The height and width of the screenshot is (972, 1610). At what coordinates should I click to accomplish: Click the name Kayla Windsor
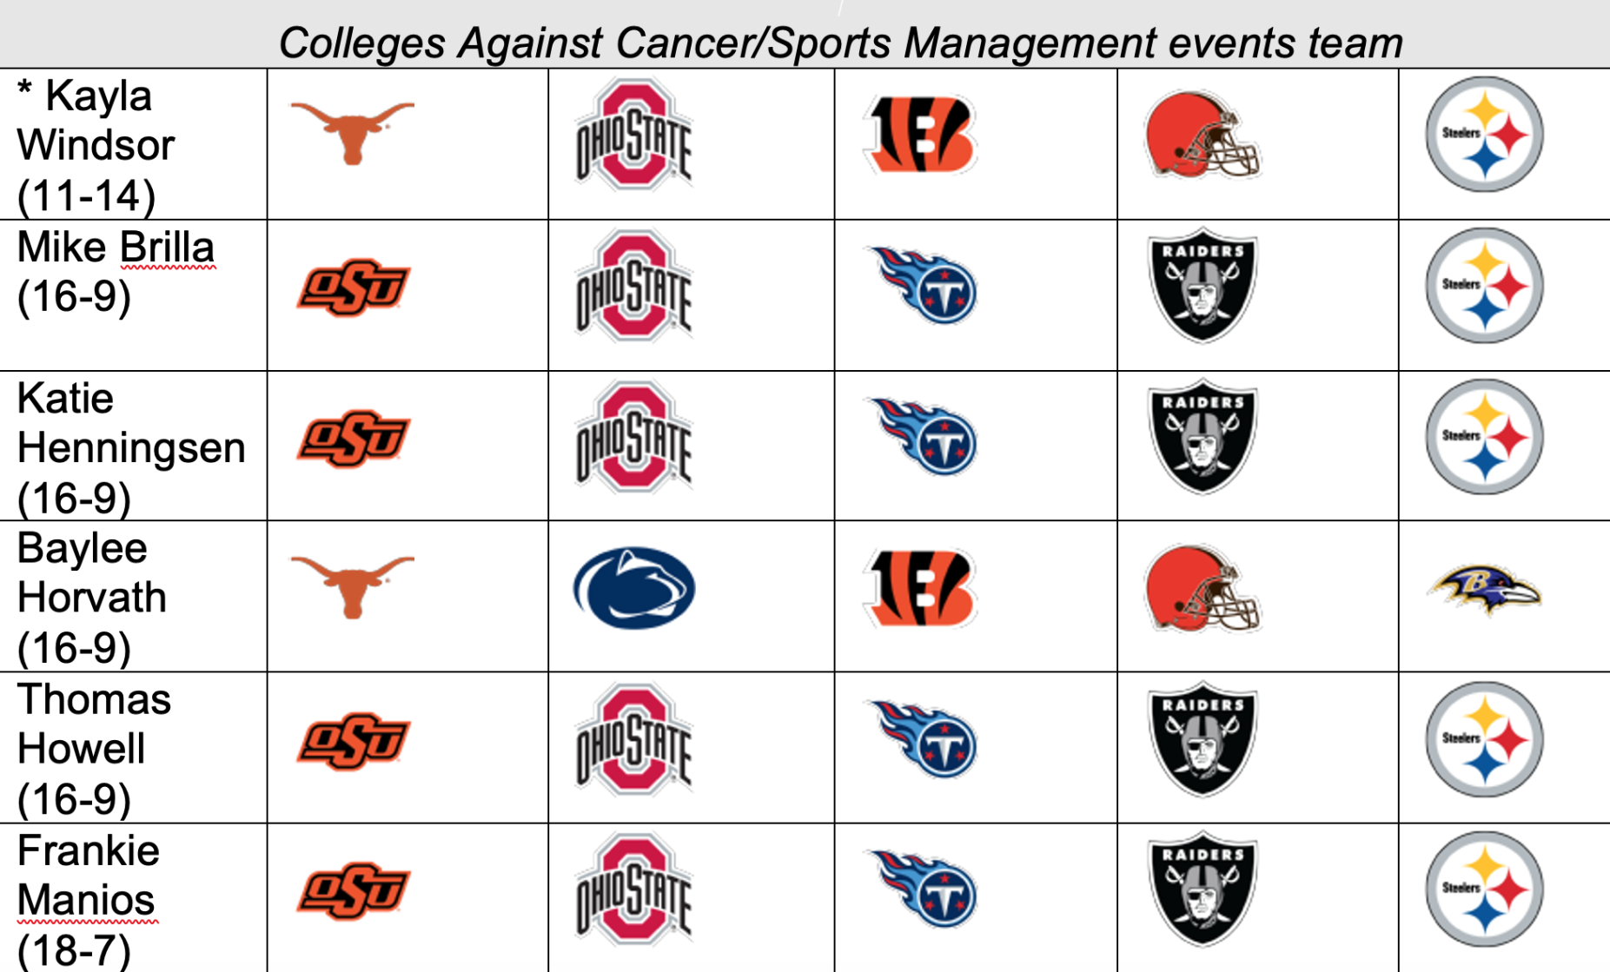[96, 121]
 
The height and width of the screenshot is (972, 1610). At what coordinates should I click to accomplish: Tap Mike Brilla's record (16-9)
[74, 297]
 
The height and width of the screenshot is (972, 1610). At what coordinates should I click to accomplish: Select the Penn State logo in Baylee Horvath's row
[633, 588]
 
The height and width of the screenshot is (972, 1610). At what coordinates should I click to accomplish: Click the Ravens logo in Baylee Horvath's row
[1484, 590]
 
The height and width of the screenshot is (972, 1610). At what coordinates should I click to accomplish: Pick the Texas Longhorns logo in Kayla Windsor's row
[352, 131]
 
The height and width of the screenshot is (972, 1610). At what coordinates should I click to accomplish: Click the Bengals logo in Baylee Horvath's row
[921, 588]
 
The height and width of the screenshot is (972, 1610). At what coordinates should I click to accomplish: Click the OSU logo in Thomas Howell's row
[353, 741]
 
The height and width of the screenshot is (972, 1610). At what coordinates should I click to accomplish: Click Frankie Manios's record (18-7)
[74, 950]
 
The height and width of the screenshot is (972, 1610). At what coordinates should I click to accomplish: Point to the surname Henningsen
[131, 448]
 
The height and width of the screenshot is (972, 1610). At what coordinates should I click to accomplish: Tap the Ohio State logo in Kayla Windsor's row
[633, 135]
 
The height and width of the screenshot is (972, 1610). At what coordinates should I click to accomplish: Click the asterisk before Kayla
[25, 90]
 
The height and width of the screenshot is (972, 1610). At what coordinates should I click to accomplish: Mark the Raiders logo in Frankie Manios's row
[1203, 889]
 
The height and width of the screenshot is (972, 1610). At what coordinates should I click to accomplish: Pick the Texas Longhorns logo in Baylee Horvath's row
[352, 585]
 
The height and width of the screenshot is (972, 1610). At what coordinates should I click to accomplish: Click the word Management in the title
[1030, 43]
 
